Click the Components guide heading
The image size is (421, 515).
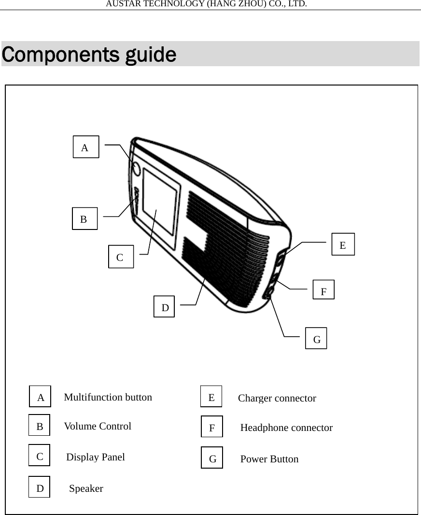(x=89, y=55)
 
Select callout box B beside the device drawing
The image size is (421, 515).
(x=84, y=218)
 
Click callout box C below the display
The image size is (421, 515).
(x=121, y=257)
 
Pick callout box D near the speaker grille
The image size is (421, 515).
(x=164, y=307)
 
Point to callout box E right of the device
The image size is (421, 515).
(x=343, y=244)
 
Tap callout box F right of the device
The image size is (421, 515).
(x=323, y=290)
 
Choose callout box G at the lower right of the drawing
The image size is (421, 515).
(x=316, y=338)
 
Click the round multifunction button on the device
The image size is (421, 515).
(x=136, y=169)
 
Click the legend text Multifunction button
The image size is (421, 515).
(x=108, y=397)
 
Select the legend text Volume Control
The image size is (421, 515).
(x=98, y=426)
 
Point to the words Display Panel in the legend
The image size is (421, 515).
(x=95, y=457)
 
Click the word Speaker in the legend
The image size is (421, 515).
(x=86, y=488)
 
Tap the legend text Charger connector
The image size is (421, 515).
(x=277, y=398)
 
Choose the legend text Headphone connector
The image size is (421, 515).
(x=286, y=428)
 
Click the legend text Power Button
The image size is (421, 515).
(x=269, y=459)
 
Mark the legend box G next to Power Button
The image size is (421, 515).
(x=212, y=458)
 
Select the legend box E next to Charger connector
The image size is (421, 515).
(x=211, y=397)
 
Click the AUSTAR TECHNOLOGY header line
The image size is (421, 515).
(x=206, y=4)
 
